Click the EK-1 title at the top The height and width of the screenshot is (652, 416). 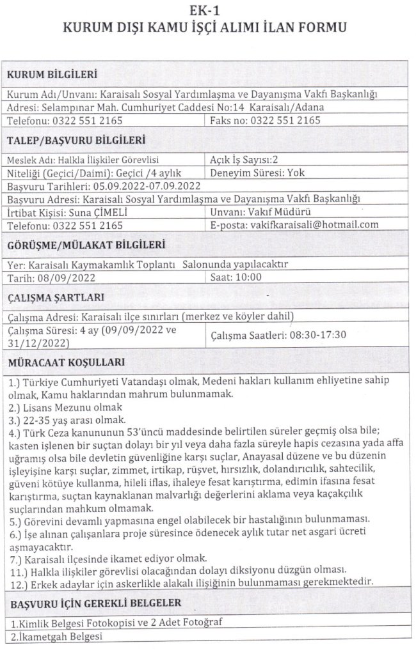click(x=208, y=10)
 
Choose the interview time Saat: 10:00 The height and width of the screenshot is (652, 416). click(x=236, y=277)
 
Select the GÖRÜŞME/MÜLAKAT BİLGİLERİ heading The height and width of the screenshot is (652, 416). click(x=89, y=244)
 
